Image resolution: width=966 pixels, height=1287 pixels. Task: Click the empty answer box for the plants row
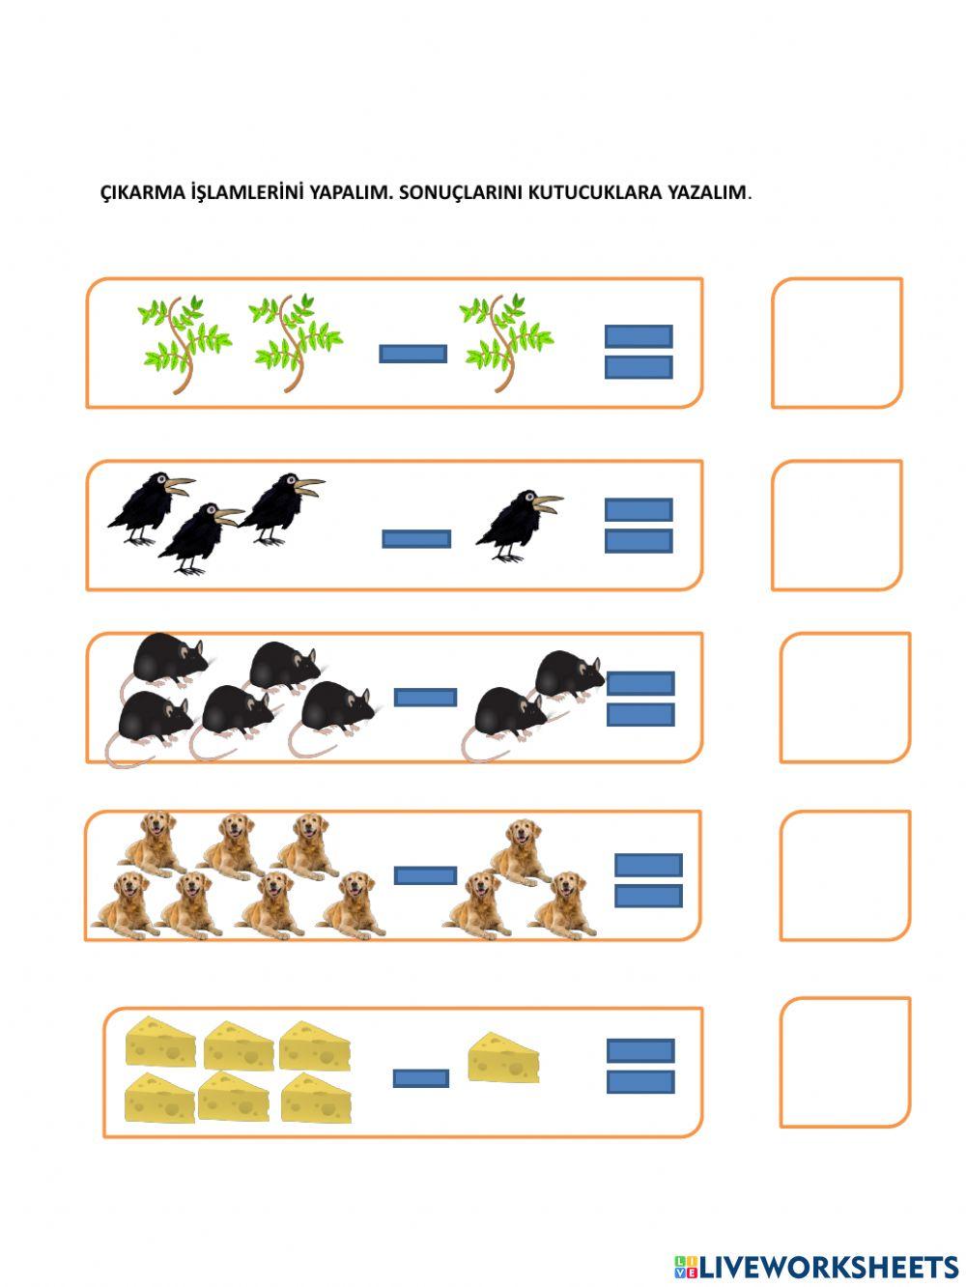[837, 343]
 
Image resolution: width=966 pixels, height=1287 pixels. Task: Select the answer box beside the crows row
[837, 525]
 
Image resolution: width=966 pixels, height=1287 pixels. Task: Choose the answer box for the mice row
[845, 698]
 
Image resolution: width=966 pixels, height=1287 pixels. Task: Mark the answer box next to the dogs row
[845, 875]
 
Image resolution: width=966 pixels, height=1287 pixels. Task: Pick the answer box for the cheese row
[845, 1062]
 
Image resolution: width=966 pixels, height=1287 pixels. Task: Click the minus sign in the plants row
[412, 354]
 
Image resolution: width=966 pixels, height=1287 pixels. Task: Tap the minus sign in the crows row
[416, 539]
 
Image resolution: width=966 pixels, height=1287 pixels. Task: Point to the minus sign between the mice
[425, 698]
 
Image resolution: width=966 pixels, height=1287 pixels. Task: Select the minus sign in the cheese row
[421, 1078]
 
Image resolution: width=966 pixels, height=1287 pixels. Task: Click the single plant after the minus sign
[505, 342]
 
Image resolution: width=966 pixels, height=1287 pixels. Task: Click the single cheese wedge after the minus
[503, 1058]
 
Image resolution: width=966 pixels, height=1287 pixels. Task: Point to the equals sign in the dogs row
[648, 880]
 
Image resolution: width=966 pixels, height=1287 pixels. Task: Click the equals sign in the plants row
[639, 352]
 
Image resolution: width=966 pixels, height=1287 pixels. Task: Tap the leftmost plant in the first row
[184, 343]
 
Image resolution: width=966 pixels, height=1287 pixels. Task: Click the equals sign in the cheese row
[640, 1066]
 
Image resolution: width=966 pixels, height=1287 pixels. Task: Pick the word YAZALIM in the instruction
[706, 191]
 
